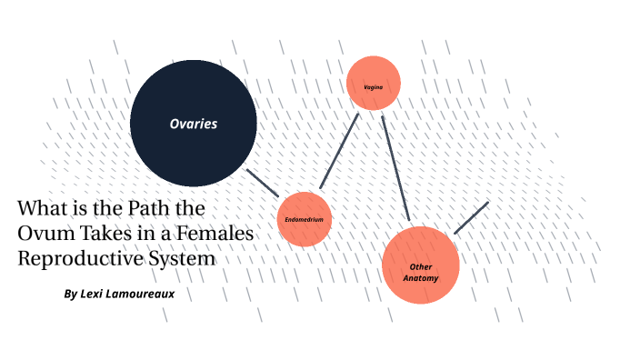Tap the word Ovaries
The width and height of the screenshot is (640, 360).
(193, 124)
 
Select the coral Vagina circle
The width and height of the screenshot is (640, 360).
(374, 84)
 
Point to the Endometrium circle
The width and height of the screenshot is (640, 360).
(304, 219)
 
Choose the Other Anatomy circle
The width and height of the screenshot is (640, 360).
(420, 265)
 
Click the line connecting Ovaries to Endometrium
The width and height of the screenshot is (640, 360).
(262, 181)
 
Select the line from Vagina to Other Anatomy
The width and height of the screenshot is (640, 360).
(395, 167)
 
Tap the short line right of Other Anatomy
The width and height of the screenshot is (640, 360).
(471, 218)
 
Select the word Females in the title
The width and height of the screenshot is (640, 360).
(219, 234)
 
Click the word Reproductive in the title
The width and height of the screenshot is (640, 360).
(76, 258)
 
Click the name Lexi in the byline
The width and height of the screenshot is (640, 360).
(95, 295)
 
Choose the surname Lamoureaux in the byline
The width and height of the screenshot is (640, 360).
(142, 295)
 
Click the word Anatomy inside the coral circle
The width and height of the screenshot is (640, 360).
(421, 277)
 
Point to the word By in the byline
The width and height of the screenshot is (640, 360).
(71, 295)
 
